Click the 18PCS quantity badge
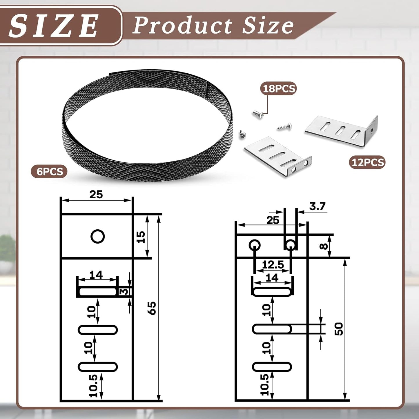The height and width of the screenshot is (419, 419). tap(279, 88)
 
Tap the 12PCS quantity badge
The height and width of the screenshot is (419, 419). tap(367, 162)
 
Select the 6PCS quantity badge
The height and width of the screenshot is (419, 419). tap(50, 171)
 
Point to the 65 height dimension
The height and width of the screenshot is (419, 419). tap(152, 308)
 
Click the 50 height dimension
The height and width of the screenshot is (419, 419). tap(338, 329)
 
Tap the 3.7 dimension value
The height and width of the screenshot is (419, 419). tap(317, 206)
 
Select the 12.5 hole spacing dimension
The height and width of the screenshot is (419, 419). tap(273, 264)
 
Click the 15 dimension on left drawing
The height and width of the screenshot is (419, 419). tap(141, 237)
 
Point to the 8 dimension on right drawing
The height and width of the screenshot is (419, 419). tap(323, 246)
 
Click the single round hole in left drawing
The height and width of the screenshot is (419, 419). tap(97, 237)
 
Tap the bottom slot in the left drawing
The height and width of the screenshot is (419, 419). tap(98, 367)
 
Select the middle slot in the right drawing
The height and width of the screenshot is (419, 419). tap(272, 329)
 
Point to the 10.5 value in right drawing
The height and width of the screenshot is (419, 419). tap(264, 384)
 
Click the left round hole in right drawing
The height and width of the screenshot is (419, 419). tap(254, 245)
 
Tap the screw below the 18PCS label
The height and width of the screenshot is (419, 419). tap(257, 114)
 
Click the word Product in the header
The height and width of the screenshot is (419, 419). tap(182, 26)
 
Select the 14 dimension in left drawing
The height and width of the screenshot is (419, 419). tap(96, 274)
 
